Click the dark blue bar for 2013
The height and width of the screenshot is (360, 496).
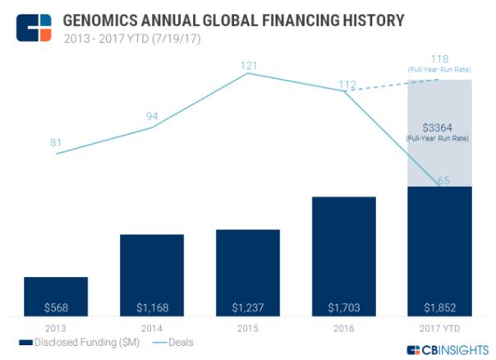tap(55, 296)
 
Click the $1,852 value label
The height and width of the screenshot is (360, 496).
tap(439, 307)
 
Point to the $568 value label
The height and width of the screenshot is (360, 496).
tap(55, 307)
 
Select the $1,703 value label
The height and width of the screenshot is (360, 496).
tap(343, 307)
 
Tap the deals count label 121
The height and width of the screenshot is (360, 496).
tap(248, 63)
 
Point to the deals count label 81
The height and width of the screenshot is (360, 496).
tap(56, 143)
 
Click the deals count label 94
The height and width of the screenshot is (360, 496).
tap(152, 116)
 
